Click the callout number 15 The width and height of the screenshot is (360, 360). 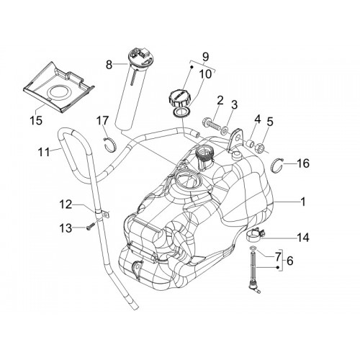point(36,120)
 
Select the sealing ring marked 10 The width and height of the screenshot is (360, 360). point(182,112)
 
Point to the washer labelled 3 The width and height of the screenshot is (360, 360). point(225,130)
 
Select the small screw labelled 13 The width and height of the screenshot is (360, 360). point(89,227)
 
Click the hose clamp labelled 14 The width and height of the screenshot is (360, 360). point(256,234)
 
